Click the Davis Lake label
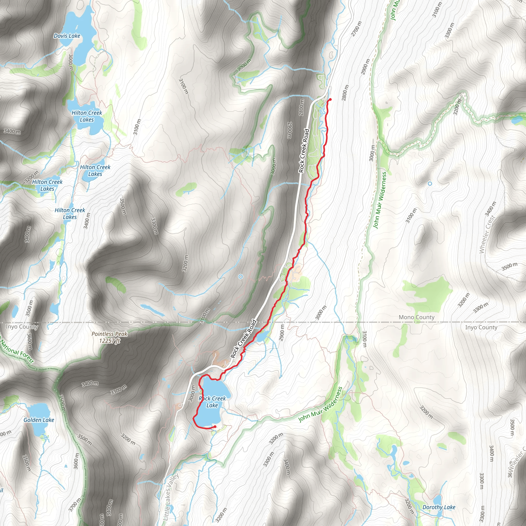click(67, 36)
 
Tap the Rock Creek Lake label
click(212, 402)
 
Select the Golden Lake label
click(39, 420)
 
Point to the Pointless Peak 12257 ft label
click(109, 337)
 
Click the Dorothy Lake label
click(439, 507)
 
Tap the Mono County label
click(416, 317)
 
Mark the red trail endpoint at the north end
click(330, 99)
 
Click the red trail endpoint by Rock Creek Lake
click(215, 427)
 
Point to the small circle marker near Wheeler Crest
click(430, 184)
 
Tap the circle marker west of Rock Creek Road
click(240, 277)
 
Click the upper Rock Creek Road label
click(304, 151)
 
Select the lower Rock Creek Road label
click(244, 339)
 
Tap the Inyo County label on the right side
click(481, 327)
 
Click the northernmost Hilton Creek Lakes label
click(87, 116)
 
